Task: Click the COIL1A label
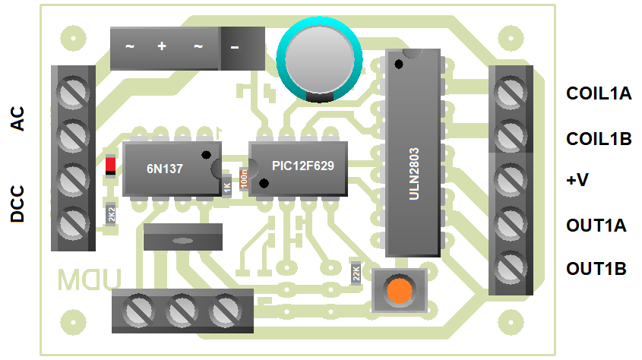click(599, 94)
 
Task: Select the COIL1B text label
click(599, 139)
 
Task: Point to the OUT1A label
click(596, 226)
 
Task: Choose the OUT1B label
click(596, 269)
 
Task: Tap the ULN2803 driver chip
click(413, 152)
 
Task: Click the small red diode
click(111, 165)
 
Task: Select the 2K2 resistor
click(111, 215)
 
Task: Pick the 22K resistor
click(356, 273)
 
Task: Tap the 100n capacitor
click(244, 178)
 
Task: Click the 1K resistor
click(226, 187)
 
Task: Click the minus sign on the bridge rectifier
click(234, 47)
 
